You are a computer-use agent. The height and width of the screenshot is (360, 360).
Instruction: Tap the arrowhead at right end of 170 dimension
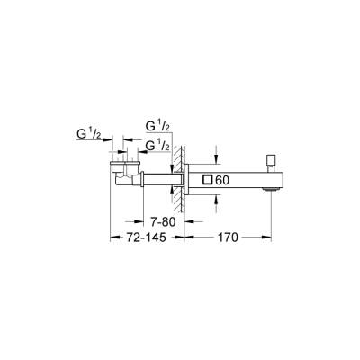[x=265, y=238]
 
